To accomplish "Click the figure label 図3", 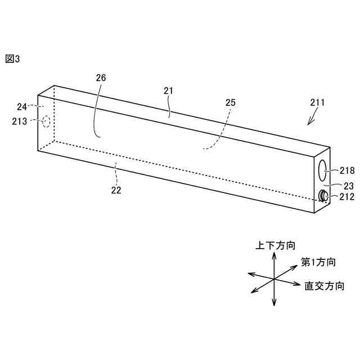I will pyautogui.click(x=12, y=58).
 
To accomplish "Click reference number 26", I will pyautogui.click(x=101, y=78).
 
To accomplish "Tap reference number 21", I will pyautogui.click(x=168, y=90).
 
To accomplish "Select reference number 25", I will pyautogui.click(x=230, y=102).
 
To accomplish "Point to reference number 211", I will pyautogui.click(x=317, y=102).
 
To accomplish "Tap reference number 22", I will pyautogui.click(x=116, y=190).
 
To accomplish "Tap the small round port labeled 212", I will pyautogui.click(x=324, y=196).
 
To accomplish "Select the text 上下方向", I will pyautogui.click(x=276, y=245).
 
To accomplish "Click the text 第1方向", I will pyautogui.click(x=318, y=262).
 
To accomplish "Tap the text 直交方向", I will pyautogui.click(x=325, y=286).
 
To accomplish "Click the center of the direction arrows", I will pyautogui.click(x=274, y=279).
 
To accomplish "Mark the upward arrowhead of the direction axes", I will pyautogui.click(x=274, y=255).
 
